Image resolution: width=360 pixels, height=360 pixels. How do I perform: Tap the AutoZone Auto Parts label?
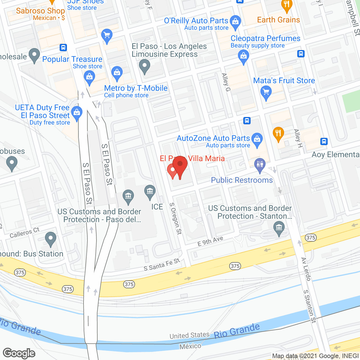pos(213,138)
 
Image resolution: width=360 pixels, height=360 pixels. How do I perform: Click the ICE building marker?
pos(150,192)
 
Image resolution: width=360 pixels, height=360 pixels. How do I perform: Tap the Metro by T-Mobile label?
pos(136,88)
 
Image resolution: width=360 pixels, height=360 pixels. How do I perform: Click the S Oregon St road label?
pos(176,219)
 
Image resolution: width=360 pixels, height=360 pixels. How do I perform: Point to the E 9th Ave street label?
pos(210,241)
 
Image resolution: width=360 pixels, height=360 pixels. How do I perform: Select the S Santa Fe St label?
pos(162,265)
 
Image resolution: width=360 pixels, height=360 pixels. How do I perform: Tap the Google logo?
pos(19,353)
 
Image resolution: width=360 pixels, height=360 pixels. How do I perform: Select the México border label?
pos(190,346)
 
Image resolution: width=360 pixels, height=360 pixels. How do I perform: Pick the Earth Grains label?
pos(278,20)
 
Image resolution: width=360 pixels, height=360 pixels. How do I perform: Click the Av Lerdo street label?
pos(306,269)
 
